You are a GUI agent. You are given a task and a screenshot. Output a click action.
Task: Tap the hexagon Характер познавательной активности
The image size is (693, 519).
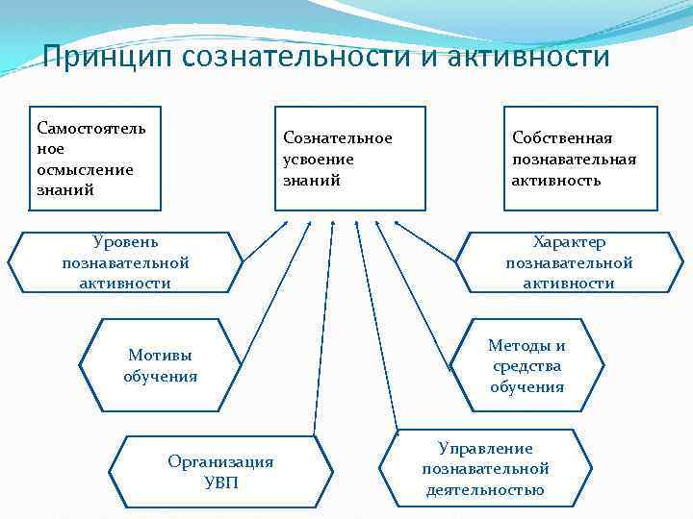point(569,262)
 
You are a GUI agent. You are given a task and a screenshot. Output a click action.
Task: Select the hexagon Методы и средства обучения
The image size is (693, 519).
point(526,366)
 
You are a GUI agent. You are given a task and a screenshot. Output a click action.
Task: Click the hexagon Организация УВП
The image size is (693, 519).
point(220,472)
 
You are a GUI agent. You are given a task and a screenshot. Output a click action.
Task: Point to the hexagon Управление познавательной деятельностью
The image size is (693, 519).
point(485,468)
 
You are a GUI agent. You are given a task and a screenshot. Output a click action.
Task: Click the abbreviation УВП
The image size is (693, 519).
point(220,482)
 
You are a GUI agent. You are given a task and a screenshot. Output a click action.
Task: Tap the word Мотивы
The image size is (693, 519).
point(160,355)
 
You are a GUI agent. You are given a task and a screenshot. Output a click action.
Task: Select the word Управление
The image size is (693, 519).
point(485,448)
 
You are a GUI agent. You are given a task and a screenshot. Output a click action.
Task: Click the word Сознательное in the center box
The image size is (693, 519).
point(338,138)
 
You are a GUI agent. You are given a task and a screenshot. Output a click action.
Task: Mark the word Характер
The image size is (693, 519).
point(569,242)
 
